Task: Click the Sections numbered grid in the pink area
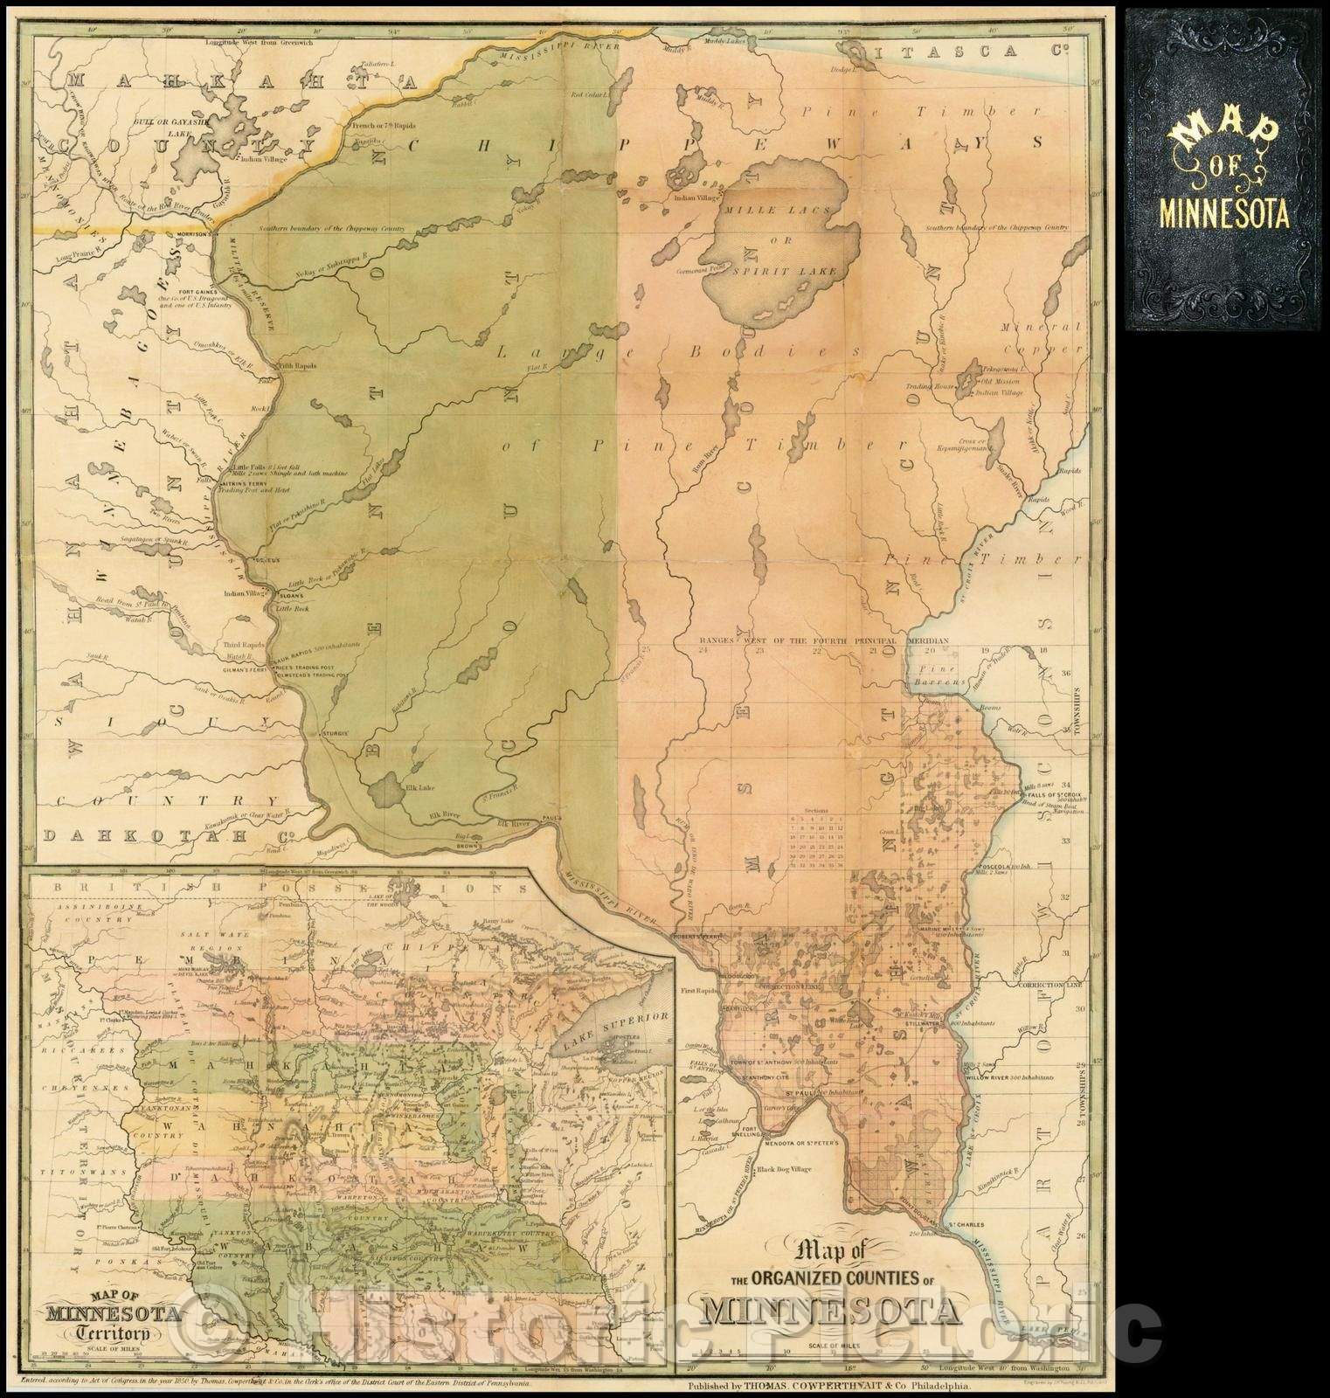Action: [x=816, y=842]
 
